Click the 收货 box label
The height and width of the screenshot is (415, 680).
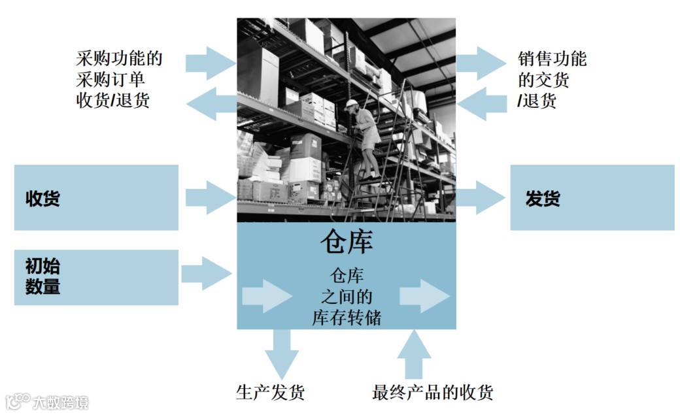[x=42, y=198]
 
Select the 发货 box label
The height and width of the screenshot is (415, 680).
[x=543, y=198]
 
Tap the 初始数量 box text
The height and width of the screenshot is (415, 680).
[x=42, y=276]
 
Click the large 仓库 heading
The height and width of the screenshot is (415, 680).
[x=346, y=242]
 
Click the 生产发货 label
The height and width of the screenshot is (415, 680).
[x=270, y=392]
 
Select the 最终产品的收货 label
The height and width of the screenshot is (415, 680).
[x=432, y=392]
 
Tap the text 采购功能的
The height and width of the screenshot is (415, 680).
[x=119, y=59]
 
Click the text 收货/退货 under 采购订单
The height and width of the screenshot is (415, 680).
[x=112, y=101]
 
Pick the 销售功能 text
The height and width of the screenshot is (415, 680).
[x=552, y=59]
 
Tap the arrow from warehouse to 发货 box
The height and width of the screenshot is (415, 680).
[x=481, y=197]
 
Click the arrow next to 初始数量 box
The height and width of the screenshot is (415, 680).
[x=206, y=273]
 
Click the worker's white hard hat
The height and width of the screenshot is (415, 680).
[x=352, y=103]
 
